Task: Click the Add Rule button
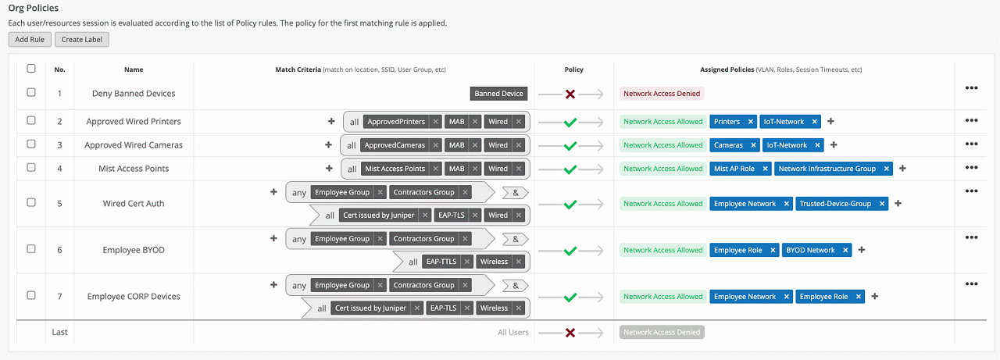(x=30, y=40)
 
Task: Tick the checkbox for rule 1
(x=31, y=92)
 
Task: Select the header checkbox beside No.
(x=31, y=69)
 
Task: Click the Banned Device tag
(x=498, y=94)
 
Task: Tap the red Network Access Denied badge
(x=662, y=94)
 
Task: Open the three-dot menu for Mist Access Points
(x=971, y=167)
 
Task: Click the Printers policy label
(x=727, y=122)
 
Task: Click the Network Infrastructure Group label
(x=827, y=169)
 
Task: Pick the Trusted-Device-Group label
(x=834, y=204)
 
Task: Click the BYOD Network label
(x=810, y=251)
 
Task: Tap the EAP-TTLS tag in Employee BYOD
(x=440, y=262)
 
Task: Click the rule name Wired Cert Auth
(x=134, y=204)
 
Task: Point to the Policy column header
(x=573, y=70)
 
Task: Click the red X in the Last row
(x=570, y=333)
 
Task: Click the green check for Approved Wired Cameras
(x=570, y=145)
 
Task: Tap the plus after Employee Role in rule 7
(x=875, y=297)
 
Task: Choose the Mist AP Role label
(x=734, y=169)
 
